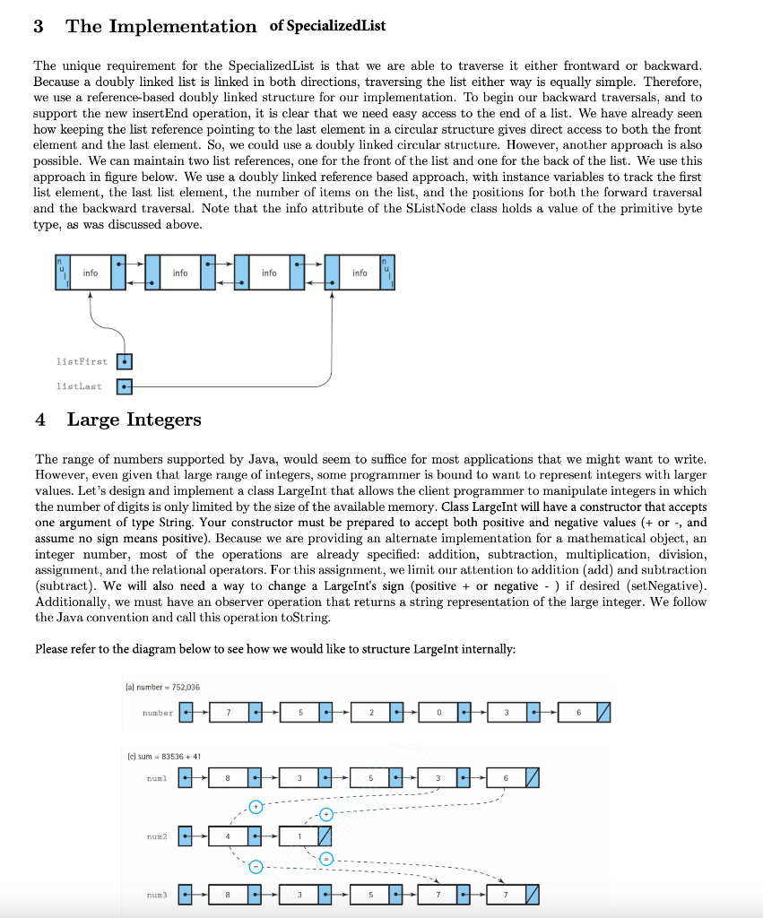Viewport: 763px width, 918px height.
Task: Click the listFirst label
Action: (x=81, y=361)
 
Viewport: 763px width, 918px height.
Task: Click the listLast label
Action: (x=79, y=386)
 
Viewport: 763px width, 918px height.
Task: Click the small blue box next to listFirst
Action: (x=125, y=362)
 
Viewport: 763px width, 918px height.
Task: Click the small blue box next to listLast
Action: (x=125, y=387)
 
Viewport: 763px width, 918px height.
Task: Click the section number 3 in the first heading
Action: (x=39, y=26)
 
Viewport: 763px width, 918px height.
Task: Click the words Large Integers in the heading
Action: (x=134, y=420)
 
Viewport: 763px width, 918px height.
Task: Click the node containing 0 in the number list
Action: (x=439, y=713)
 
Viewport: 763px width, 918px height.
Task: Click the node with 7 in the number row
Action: (x=230, y=713)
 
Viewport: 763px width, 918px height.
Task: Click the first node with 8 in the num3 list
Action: (x=230, y=894)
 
